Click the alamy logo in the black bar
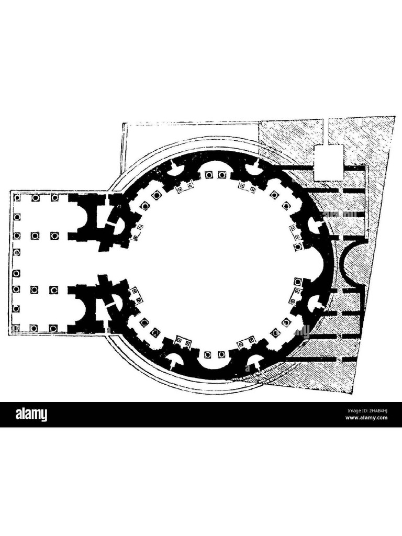point(31,415)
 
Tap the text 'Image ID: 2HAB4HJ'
point(366,410)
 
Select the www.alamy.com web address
point(366,418)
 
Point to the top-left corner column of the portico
point(17,198)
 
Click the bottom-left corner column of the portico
point(17,328)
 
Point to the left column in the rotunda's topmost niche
point(208,175)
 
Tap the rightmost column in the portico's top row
point(54,198)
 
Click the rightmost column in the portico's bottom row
point(53,328)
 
